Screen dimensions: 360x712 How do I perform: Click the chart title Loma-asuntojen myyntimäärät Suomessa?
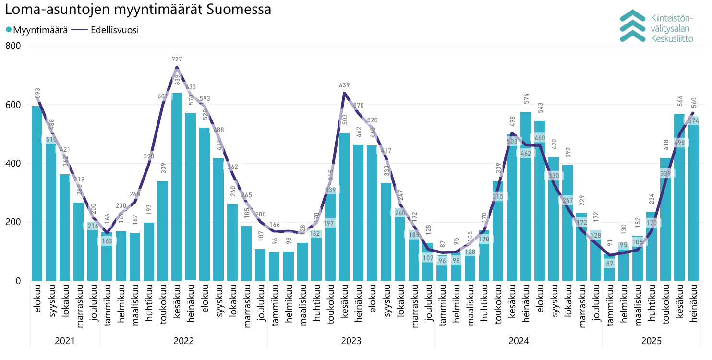click(x=138, y=10)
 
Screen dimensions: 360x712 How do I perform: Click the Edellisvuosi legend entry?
click(x=106, y=30)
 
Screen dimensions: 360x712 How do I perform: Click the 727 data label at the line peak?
click(x=177, y=59)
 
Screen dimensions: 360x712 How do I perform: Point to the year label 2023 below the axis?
click(x=351, y=341)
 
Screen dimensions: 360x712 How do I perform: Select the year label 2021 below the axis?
click(x=65, y=341)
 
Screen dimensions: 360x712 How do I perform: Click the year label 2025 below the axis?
click(x=652, y=341)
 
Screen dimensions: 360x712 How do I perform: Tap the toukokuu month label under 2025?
click(x=665, y=306)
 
